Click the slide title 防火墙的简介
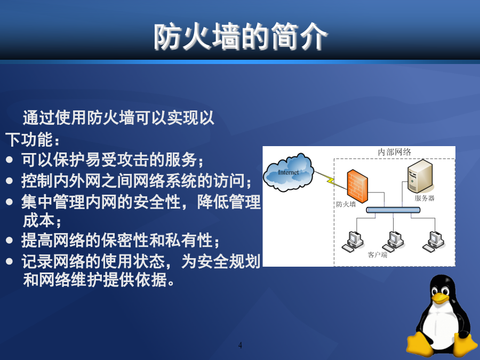pyautogui.click(x=241, y=37)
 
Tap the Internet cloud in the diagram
pyautogui.click(x=289, y=172)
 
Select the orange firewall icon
pyautogui.click(x=357, y=186)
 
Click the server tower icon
pyautogui.click(x=420, y=177)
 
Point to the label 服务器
pyautogui.click(x=425, y=198)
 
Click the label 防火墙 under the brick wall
pyautogui.click(x=346, y=204)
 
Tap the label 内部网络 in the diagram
pyautogui.click(x=394, y=152)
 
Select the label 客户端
pyautogui.click(x=378, y=255)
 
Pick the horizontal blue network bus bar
pyautogui.click(x=394, y=210)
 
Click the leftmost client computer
pyautogui.click(x=353, y=242)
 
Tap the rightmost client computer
pyautogui.click(x=434, y=242)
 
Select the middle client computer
pyautogui.click(x=393, y=242)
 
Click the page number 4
pyautogui.click(x=240, y=345)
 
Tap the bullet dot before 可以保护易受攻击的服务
pyautogui.click(x=10, y=160)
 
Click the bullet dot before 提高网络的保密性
pyautogui.click(x=10, y=241)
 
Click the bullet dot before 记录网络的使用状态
pyautogui.click(x=10, y=261)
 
